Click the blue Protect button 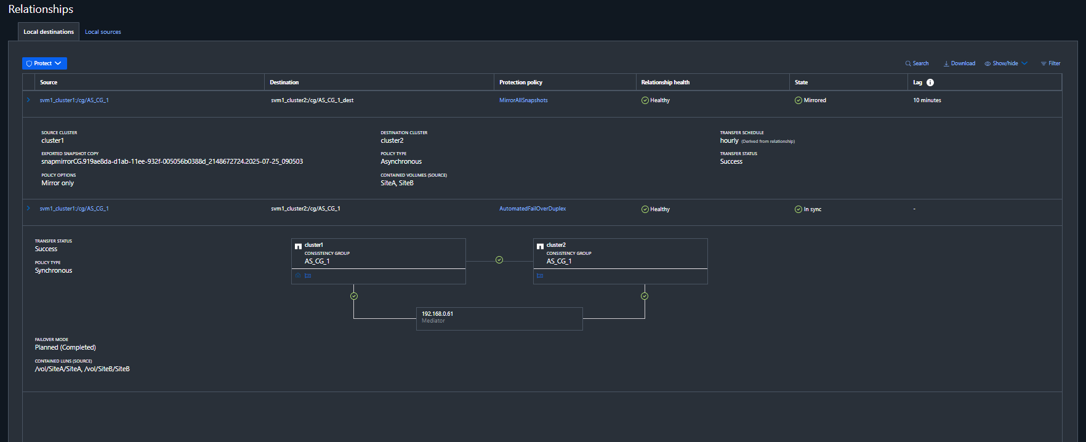tap(44, 63)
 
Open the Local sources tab tap(103, 32)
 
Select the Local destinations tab tap(49, 32)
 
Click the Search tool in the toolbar tap(917, 63)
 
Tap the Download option tap(959, 63)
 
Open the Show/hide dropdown tap(1006, 63)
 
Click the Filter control tap(1050, 63)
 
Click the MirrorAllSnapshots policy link tap(523, 100)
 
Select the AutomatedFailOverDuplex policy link tap(533, 209)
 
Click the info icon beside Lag tap(930, 82)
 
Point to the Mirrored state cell tap(810, 100)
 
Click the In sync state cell tap(808, 209)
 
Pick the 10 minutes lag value tap(927, 100)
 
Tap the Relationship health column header tap(665, 82)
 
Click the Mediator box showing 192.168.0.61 tap(499, 319)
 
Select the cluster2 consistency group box tap(620, 261)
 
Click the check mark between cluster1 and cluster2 tap(499, 260)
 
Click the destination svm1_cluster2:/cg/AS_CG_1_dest tap(312, 100)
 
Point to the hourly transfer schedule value tap(729, 141)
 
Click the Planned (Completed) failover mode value tap(65, 348)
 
